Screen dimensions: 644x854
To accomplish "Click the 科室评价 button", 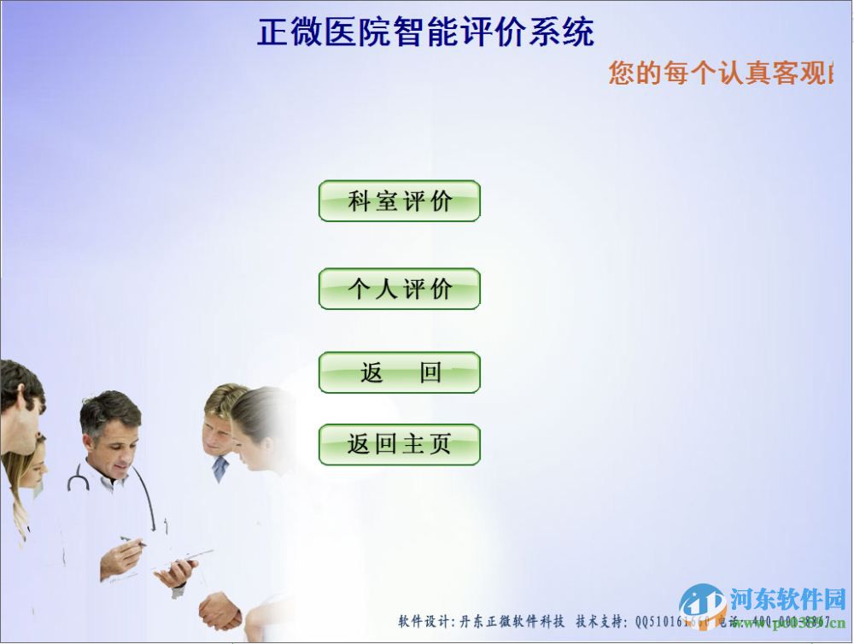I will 399,202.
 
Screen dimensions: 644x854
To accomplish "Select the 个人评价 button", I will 399,290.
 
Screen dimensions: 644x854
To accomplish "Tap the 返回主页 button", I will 399,445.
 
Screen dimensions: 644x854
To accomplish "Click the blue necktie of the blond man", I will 220,468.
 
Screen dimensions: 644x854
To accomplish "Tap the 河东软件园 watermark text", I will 787,599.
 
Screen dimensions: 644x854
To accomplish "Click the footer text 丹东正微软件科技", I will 512,621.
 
